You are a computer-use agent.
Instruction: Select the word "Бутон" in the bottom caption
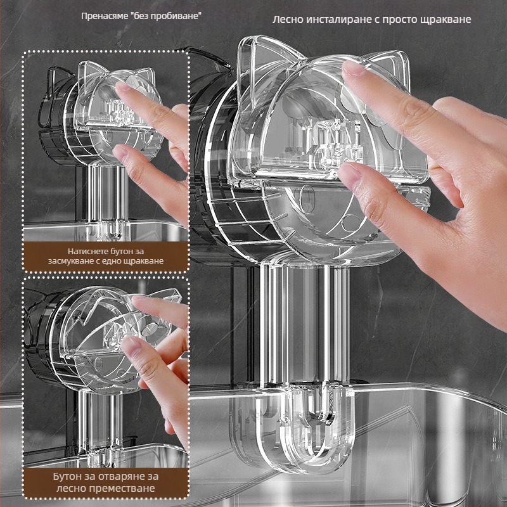[67, 477]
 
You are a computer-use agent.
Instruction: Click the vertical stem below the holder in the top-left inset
[107, 197]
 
